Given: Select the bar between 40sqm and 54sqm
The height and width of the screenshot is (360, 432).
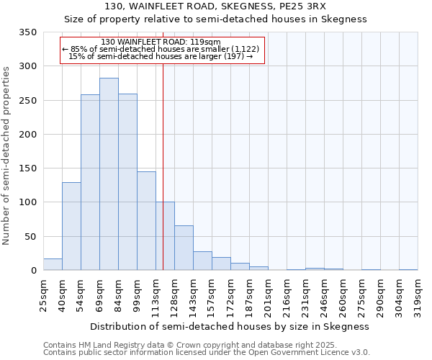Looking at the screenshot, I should point(71,226).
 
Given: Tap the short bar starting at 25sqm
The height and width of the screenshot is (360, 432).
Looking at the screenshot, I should point(53,264).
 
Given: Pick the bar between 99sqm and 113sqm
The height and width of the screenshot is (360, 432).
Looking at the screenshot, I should point(146,221).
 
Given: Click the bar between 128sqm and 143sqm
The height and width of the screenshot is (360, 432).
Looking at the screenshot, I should point(184,248).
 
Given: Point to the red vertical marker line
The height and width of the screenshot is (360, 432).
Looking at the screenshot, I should point(163,166).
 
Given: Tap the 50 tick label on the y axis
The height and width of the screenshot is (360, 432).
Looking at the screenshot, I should point(30,237).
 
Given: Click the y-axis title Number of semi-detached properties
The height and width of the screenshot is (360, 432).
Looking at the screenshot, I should point(6,155).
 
